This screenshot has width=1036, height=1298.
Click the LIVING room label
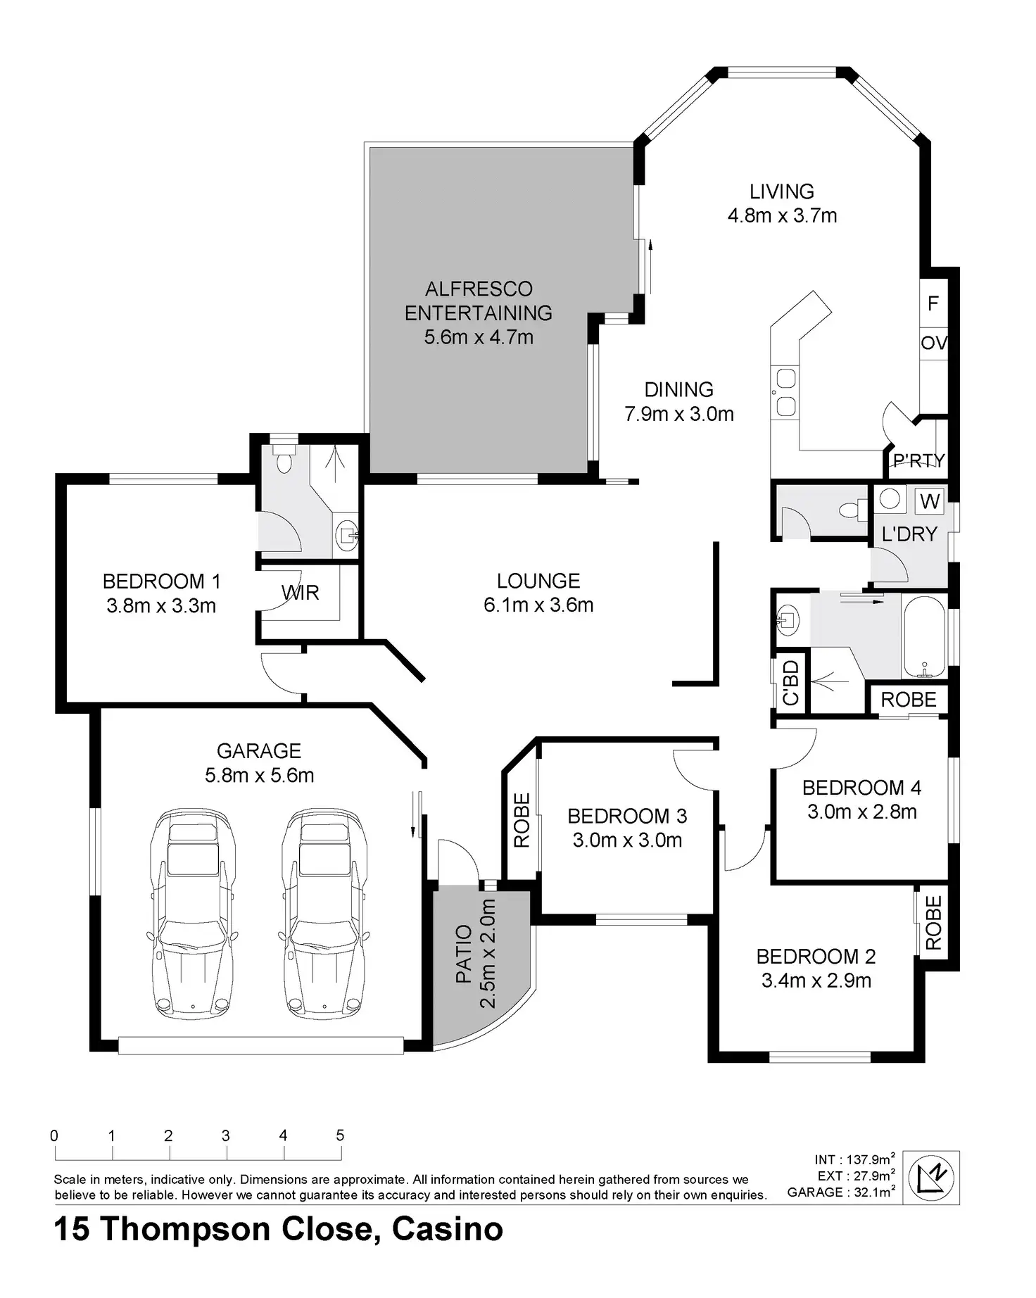(x=781, y=191)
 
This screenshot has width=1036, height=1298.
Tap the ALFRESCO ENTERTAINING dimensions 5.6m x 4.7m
(x=479, y=337)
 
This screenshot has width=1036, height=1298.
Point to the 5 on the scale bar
(x=341, y=1135)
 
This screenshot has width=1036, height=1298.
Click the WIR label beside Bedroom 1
(x=301, y=593)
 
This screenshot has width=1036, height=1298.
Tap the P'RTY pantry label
(x=918, y=461)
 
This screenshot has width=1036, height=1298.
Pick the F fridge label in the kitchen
(x=933, y=303)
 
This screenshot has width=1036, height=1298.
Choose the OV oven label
(x=934, y=344)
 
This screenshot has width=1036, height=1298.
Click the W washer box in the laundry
(x=930, y=501)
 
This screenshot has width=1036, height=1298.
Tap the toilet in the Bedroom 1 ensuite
(x=284, y=458)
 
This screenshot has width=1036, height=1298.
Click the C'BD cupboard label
(x=790, y=683)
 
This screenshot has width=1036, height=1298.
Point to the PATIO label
(x=463, y=954)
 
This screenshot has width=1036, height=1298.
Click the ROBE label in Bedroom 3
(x=522, y=821)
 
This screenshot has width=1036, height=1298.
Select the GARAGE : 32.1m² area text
(x=841, y=1192)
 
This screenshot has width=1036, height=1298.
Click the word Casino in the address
(x=448, y=1230)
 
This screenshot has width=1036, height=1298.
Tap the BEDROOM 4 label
(x=861, y=788)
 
